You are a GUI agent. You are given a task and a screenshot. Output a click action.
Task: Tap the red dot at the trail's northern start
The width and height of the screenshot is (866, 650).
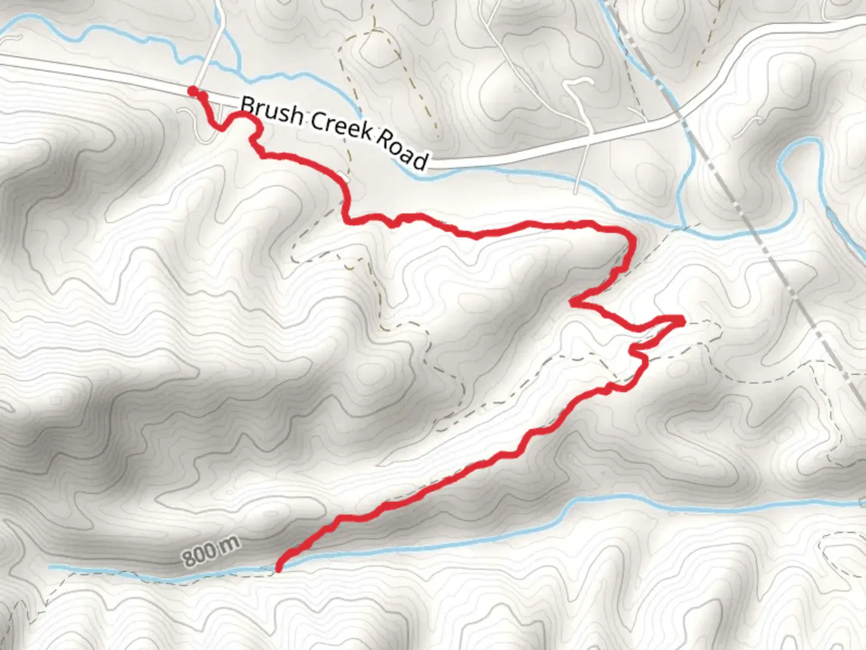[x=192, y=91]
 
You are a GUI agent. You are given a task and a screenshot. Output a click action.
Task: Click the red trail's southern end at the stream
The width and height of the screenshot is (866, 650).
[x=279, y=566]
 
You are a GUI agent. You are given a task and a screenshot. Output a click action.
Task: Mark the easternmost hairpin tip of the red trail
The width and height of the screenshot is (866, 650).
[x=682, y=319]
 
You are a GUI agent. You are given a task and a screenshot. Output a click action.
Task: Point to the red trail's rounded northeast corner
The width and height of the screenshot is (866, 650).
[x=630, y=238]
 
